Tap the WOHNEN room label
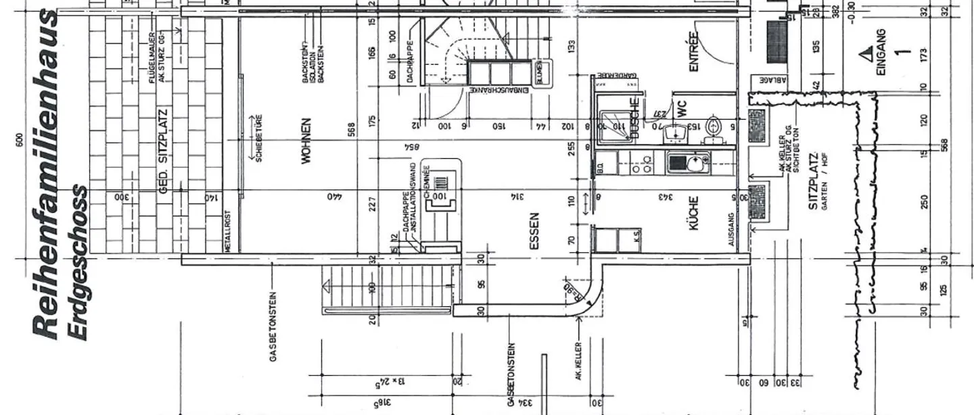pos(306,141)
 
